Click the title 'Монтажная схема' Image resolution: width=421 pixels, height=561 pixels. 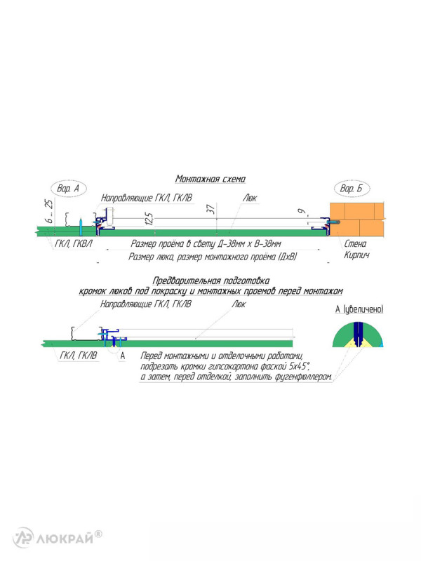point(210,179)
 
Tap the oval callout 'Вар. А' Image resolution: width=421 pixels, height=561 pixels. point(68,189)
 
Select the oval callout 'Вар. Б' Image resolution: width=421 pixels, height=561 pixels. point(352,189)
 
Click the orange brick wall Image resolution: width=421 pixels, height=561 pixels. point(357,219)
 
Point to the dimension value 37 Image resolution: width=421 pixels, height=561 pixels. point(211,209)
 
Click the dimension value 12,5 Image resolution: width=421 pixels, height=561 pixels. point(149,219)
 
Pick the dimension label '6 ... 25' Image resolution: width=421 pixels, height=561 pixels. point(49,211)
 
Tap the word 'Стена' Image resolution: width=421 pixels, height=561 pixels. point(355,243)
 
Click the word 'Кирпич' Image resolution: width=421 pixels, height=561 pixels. point(356,255)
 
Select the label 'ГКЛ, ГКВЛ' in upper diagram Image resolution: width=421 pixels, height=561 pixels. point(74,243)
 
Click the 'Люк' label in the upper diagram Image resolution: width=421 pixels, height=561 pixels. point(250,198)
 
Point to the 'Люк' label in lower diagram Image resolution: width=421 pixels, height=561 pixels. point(239,304)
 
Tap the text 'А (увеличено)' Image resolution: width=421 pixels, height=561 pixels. point(359,309)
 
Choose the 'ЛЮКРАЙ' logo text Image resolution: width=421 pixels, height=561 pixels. point(65,539)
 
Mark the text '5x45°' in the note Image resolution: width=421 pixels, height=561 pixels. point(299,366)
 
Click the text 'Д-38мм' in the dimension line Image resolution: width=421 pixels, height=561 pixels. point(231,244)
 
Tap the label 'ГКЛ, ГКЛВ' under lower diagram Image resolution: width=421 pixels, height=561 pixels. point(79,356)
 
